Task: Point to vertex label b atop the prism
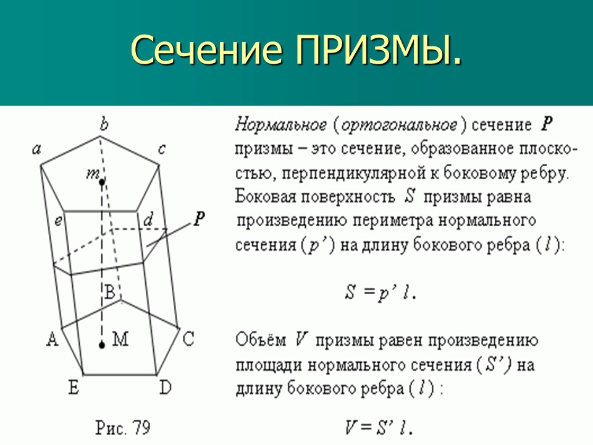(x=104, y=125)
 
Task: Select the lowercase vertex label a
(x=36, y=148)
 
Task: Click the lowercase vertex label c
(x=162, y=148)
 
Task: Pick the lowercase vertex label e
(x=58, y=219)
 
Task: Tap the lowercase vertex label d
(x=148, y=219)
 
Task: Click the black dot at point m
(x=101, y=182)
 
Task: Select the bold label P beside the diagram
(x=199, y=218)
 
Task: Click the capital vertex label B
(x=109, y=293)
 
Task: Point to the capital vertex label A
(x=53, y=338)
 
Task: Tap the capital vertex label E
(x=74, y=388)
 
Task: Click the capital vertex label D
(x=165, y=388)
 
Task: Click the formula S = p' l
(x=380, y=292)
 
